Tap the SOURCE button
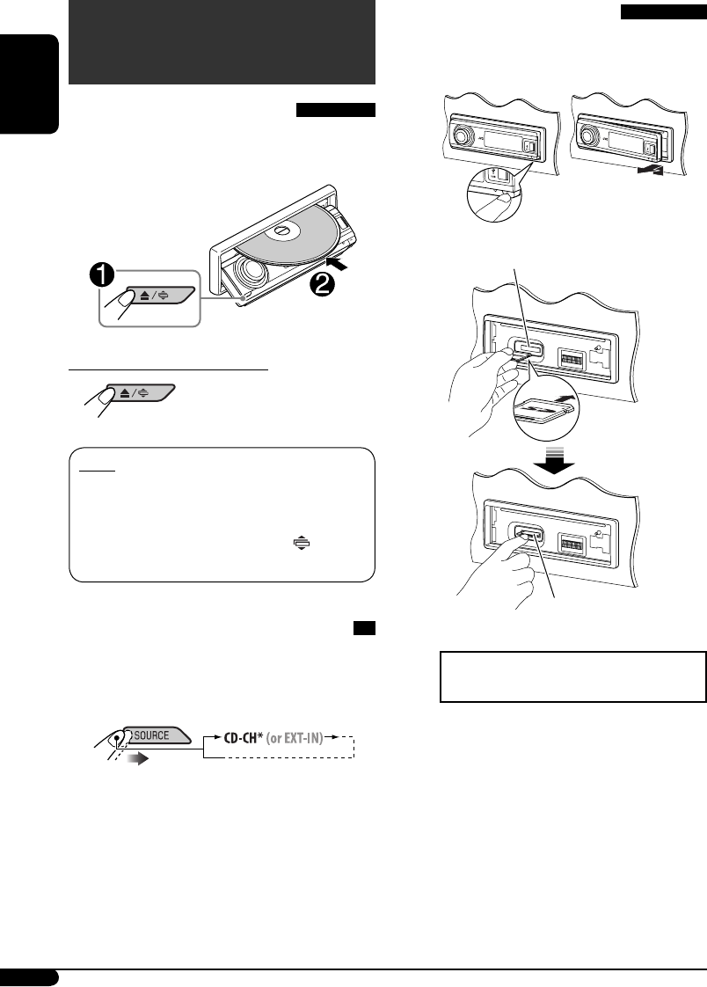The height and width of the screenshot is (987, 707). click(x=154, y=708)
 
